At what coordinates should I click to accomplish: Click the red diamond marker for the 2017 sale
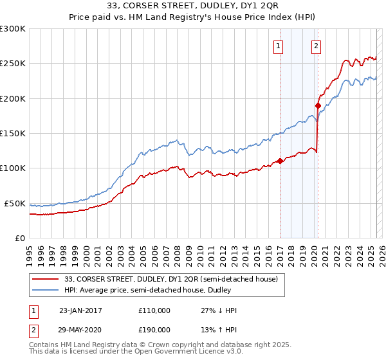280,161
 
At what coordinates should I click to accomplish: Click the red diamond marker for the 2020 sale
318,105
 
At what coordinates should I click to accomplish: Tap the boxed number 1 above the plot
279,46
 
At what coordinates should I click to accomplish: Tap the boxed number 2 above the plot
317,46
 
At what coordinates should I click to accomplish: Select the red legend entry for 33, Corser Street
170,279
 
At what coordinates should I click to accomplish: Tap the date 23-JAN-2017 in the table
80,310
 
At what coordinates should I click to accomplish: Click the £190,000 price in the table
154,329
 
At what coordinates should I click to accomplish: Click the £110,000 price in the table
154,310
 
